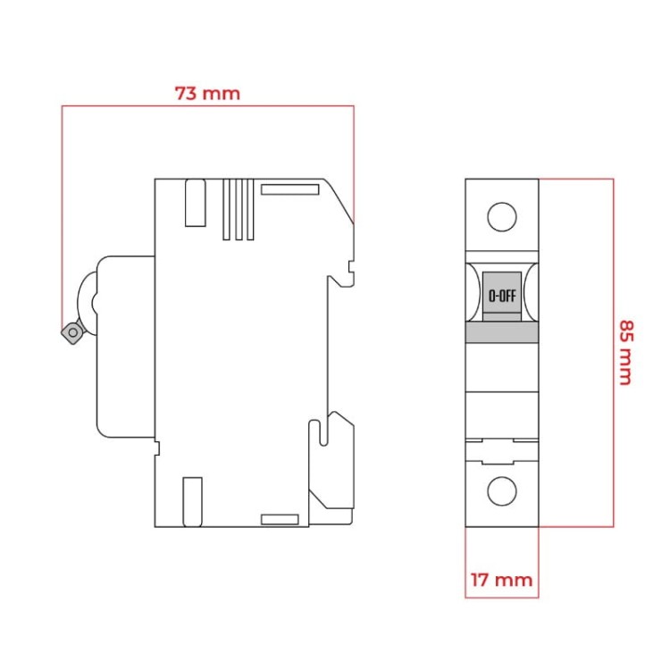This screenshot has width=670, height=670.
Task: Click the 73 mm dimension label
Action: tap(207, 93)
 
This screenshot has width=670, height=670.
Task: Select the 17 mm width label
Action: tap(501, 581)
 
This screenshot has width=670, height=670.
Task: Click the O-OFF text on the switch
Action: tap(501, 295)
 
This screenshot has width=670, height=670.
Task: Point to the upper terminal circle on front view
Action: tap(502, 217)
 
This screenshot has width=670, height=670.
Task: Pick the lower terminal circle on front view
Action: tap(502, 490)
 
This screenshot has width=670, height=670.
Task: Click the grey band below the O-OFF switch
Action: tap(502, 332)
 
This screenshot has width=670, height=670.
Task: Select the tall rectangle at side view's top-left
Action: tap(194, 203)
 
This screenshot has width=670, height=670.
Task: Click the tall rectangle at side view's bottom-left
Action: tap(191, 502)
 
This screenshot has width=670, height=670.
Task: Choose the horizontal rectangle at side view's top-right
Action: tap(289, 189)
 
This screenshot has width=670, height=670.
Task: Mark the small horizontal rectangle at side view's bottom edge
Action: tap(279, 519)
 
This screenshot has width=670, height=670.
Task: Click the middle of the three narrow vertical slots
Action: tap(239, 209)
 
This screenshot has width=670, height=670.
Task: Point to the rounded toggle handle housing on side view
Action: tap(125, 347)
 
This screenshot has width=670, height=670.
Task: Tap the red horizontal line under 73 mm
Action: tap(207, 106)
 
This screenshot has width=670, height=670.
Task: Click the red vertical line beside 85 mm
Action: tap(614, 353)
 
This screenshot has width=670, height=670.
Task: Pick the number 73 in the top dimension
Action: tap(186, 93)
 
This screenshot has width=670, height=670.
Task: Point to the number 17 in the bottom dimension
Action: tap(480, 581)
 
